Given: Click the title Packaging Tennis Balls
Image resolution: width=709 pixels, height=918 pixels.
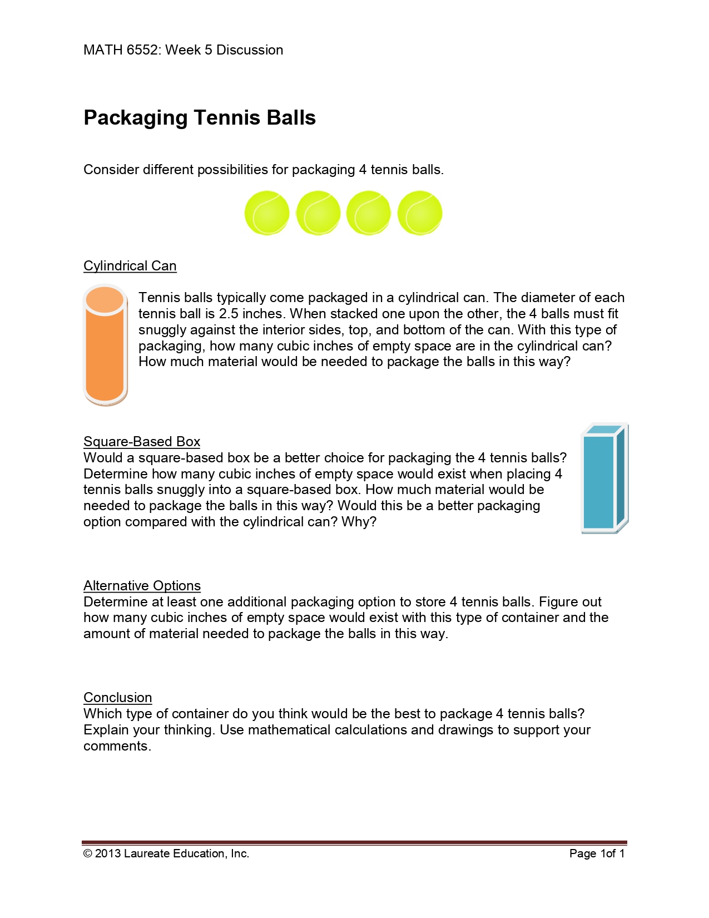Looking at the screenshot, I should (199, 118).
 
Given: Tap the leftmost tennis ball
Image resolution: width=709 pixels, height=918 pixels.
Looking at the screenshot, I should (267, 213).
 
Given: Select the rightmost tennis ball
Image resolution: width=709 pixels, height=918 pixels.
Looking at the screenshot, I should (420, 213).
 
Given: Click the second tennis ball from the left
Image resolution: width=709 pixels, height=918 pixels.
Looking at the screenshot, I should (318, 213).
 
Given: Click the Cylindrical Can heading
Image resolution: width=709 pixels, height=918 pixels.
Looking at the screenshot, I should (130, 266).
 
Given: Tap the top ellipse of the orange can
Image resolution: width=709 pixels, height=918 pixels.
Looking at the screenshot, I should (105, 300).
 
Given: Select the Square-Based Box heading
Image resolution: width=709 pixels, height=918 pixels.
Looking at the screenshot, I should (141, 442).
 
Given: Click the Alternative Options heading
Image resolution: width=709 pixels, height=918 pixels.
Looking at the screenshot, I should (142, 586).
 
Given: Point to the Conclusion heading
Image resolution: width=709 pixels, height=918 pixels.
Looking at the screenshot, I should (117, 698).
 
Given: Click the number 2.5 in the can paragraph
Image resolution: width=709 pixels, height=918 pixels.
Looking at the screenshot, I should (229, 314).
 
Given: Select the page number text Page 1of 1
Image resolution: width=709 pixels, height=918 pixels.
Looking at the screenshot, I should (597, 853).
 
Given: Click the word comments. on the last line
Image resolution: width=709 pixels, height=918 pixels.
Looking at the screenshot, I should (117, 746).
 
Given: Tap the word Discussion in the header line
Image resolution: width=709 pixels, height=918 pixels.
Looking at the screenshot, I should (250, 50).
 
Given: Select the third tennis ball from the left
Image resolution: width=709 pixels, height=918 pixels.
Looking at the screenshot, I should (369, 213).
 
